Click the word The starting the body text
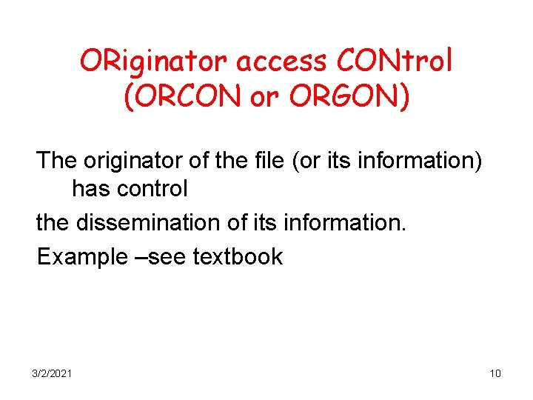point(58,159)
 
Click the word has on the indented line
point(90,189)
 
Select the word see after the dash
point(169,257)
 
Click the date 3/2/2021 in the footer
point(52,373)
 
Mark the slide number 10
point(495,373)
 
